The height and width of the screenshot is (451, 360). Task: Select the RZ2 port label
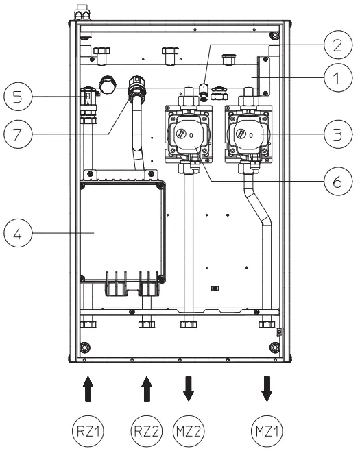[x=145, y=430]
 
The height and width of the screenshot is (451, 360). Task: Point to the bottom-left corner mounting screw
[x=85, y=346]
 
